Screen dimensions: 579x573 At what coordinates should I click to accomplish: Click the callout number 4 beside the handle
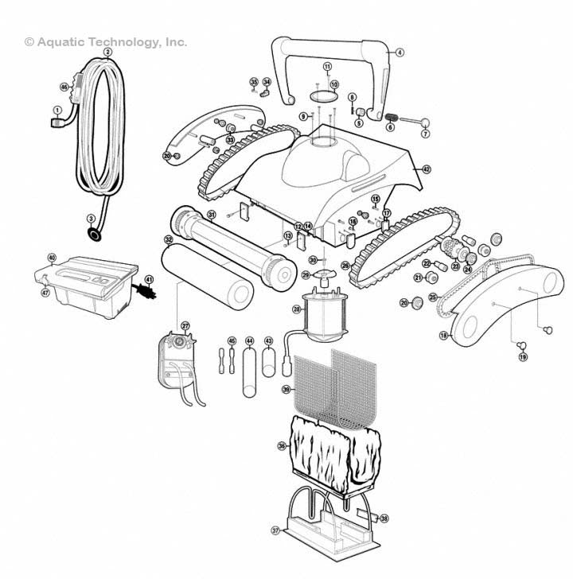(400, 52)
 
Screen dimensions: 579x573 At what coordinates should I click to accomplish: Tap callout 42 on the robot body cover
(427, 169)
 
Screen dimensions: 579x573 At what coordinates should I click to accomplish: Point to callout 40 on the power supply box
(52, 258)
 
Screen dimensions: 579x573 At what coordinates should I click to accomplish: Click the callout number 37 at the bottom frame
(275, 530)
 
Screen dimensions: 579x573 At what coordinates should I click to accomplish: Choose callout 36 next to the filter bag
(281, 446)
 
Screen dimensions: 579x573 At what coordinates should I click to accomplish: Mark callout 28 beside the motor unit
(297, 309)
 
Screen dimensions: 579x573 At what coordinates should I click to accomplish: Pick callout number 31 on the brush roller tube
(211, 215)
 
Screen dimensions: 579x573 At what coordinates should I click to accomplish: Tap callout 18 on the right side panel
(443, 336)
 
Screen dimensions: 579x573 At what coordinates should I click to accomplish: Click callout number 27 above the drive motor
(185, 326)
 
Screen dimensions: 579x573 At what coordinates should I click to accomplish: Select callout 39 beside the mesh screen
(286, 390)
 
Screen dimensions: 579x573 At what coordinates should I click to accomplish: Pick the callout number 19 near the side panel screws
(523, 358)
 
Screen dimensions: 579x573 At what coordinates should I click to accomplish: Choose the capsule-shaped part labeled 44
(250, 368)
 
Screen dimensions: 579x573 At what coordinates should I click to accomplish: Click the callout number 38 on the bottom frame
(384, 518)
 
